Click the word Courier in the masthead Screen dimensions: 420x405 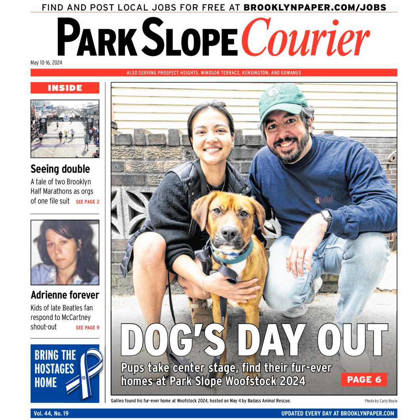pos(305,38)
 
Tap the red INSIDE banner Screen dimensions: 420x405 pos(65,88)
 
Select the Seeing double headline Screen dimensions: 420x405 pos(60,169)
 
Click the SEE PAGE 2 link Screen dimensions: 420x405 pos(87,202)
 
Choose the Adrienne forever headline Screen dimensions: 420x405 pos(65,295)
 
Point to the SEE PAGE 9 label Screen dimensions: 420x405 pos(87,327)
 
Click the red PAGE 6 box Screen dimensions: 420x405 pos(364,380)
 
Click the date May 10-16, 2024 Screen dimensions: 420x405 pos(46,62)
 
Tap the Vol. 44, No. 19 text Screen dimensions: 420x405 pos(51,413)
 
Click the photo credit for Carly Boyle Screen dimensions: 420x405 pos(380,401)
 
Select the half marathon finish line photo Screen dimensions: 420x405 pos(65,129)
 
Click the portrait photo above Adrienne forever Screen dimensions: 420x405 pos(65,252)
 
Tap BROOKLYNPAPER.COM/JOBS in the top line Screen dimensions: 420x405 pos(315,7)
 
